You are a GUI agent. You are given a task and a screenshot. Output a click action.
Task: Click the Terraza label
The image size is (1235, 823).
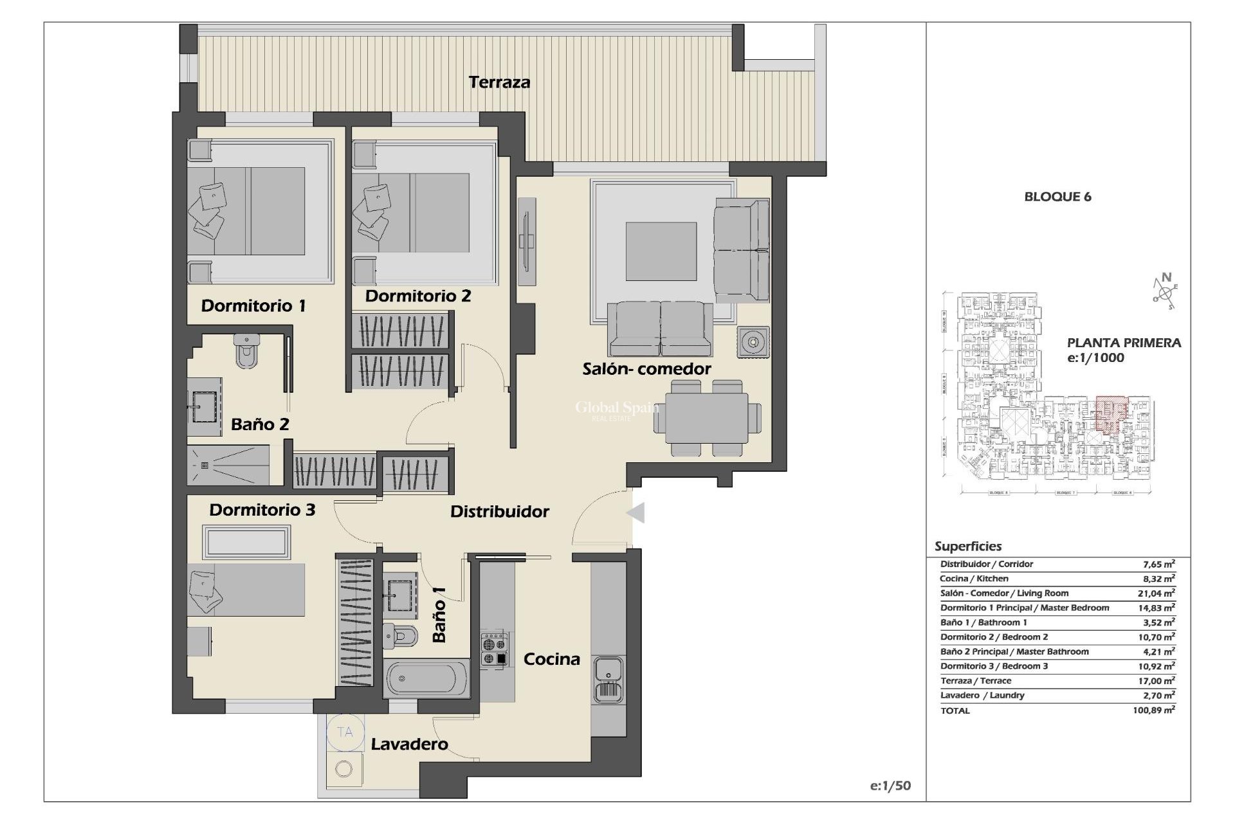(x=499, y=82)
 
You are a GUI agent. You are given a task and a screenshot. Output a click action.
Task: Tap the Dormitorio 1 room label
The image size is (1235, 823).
(x=253, y=305)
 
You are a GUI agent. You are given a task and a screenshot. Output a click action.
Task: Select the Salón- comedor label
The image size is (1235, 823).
(x=646, y=369)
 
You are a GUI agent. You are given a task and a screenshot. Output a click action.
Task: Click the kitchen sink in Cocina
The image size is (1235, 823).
(x=608, y=679)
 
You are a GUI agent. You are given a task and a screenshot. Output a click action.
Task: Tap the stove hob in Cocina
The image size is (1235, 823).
(x=494, y=649)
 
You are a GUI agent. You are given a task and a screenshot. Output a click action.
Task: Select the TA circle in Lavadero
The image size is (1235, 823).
(x=345, y=732)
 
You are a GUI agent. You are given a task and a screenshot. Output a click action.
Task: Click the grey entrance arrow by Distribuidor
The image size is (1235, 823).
(x=636, y=513)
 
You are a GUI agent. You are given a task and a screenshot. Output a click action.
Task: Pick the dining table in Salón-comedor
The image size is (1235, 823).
(x=706, y=417)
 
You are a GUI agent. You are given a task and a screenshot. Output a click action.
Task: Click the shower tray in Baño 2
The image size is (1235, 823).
(x=228, y=466)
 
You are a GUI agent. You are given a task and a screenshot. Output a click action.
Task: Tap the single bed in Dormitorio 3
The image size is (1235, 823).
(x=246, y=590)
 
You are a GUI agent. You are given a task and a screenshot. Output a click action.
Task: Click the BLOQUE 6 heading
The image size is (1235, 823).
(x=1057, y=197)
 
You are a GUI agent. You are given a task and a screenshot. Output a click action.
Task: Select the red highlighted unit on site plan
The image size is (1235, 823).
(x=1111, y=413)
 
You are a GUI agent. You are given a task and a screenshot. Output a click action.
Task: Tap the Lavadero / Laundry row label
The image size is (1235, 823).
(x=982, y=695)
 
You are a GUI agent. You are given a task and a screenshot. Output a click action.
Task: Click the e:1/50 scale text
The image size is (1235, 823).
(x=890, y=786)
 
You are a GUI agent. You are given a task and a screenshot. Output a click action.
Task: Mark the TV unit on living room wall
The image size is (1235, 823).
(x=527, y=241)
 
